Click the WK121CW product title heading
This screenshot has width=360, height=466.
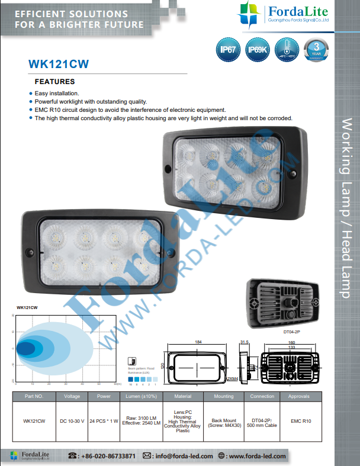[59, 63]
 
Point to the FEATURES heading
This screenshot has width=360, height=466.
[55, 82]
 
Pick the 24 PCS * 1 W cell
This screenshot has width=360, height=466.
[104, 421]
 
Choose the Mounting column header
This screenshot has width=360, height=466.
[223, 396]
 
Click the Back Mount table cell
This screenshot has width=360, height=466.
[223, 421]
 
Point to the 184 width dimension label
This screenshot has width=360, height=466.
[198, 342]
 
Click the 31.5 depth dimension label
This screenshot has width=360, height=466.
[244, 342]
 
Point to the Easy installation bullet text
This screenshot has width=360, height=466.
[57, 94]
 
